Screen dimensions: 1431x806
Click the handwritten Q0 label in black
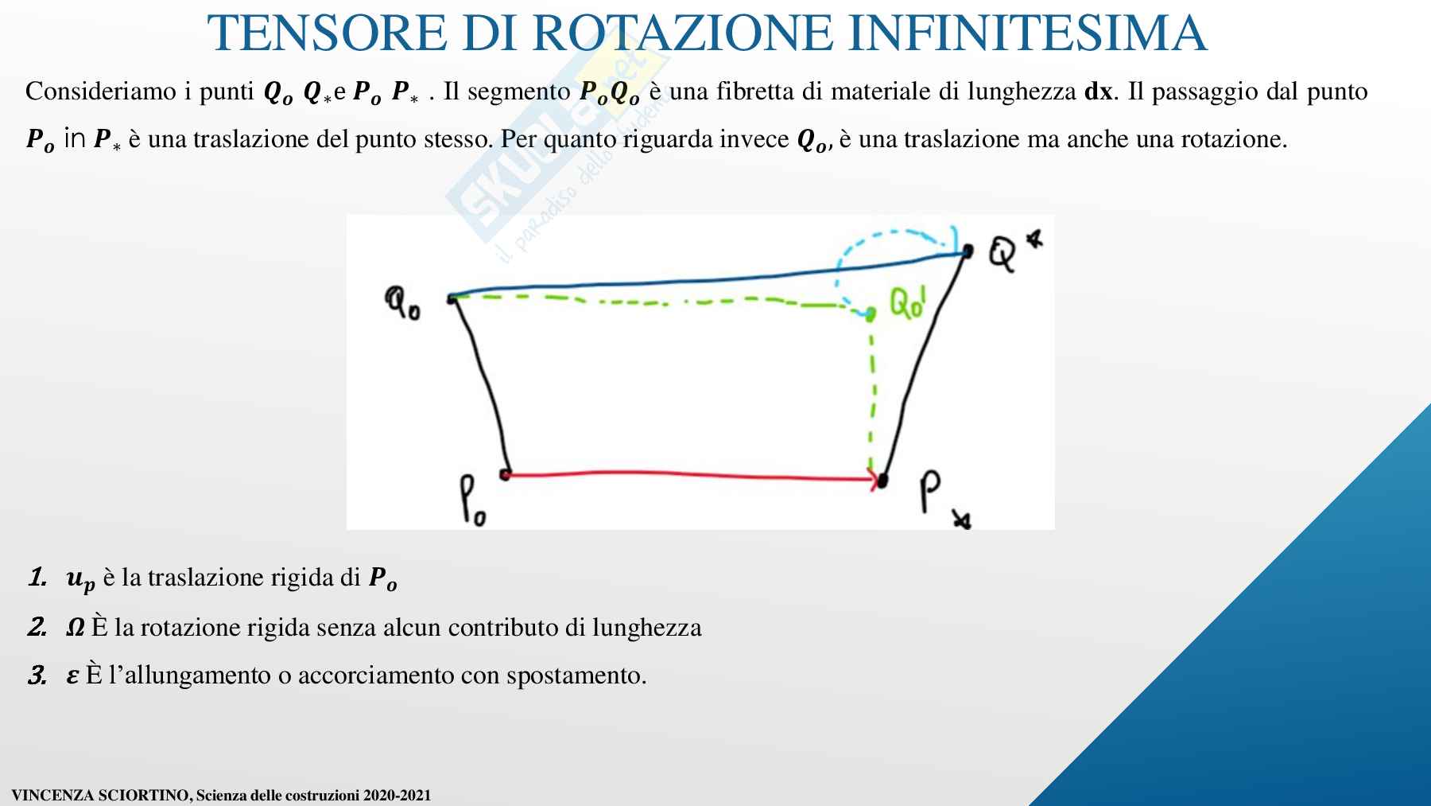(x=403, y=303)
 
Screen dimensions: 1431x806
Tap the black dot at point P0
(x=505, y=475)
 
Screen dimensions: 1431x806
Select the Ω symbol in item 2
(x=76, y=628)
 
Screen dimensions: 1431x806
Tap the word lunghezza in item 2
(x=647, y=629)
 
